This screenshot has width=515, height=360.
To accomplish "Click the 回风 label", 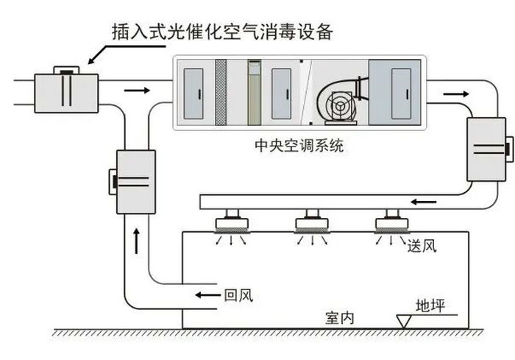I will click(x=238, y=296).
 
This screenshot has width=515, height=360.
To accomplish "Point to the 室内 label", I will click(x=340, y=317).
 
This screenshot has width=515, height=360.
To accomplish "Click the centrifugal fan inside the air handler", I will click(x=339, y=106).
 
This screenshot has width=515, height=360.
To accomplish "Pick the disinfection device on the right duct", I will click(x=485, y=150).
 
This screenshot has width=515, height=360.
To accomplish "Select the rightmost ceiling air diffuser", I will click(x=391, y=220).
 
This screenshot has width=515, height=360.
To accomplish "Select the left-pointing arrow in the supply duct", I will click(x=423, y=201).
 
